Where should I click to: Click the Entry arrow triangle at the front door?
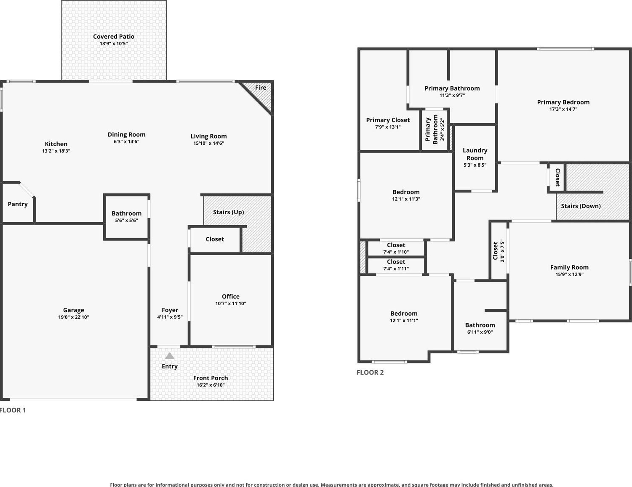[170, 356]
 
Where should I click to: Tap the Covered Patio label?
[114, 37]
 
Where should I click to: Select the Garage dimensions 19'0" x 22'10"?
[74, 317]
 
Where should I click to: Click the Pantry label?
[18, 204]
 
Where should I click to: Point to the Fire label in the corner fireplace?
[261, 88]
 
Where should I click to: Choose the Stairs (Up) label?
[228, 212]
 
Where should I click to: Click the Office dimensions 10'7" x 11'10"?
[231, 303]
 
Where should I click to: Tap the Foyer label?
[170, 310]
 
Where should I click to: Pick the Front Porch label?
[211, 378]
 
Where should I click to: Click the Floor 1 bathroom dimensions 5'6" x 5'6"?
[126, 221]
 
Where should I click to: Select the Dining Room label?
[126, 135]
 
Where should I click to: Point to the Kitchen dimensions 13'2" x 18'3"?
[56, 151]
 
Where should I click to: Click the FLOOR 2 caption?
[370, 373]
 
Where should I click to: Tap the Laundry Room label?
[475, 154]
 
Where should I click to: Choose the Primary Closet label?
[388, 120]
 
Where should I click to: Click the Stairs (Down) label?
[581, 206]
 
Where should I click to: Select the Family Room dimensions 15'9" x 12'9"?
[569, 274]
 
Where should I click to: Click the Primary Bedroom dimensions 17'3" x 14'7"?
[563, 109]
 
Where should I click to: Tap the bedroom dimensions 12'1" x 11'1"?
[404, 320]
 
